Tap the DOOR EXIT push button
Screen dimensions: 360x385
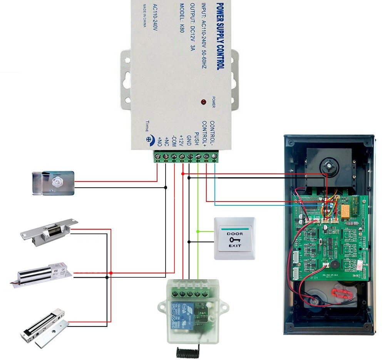(x=234, y=239)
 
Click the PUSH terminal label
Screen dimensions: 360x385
(x=196, y=137)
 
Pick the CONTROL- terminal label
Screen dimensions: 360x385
(x=212, y=133)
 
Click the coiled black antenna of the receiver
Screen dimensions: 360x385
(x=188, y=352)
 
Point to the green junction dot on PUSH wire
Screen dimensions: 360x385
(x=198, y=232)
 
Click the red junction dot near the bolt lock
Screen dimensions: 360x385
(x=111, y=273)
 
